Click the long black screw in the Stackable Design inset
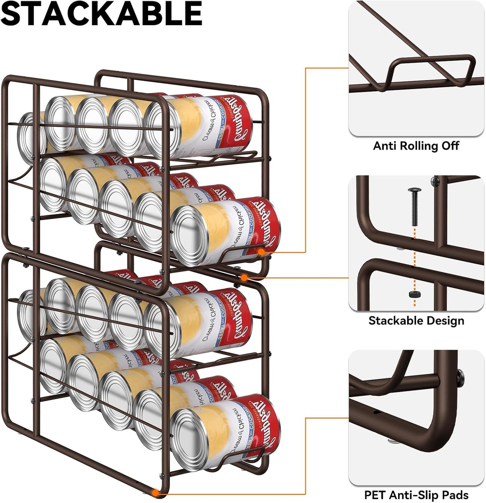pyautogui.click(x=413, y=207)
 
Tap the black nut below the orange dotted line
pyautogui.click(x=414, y=294)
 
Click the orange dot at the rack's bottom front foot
pyautogui.click(x=155, y=493)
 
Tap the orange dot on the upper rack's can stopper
pyautogui.click(x=261, y=251)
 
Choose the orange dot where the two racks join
pyautogui.click(x=245, y=277)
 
